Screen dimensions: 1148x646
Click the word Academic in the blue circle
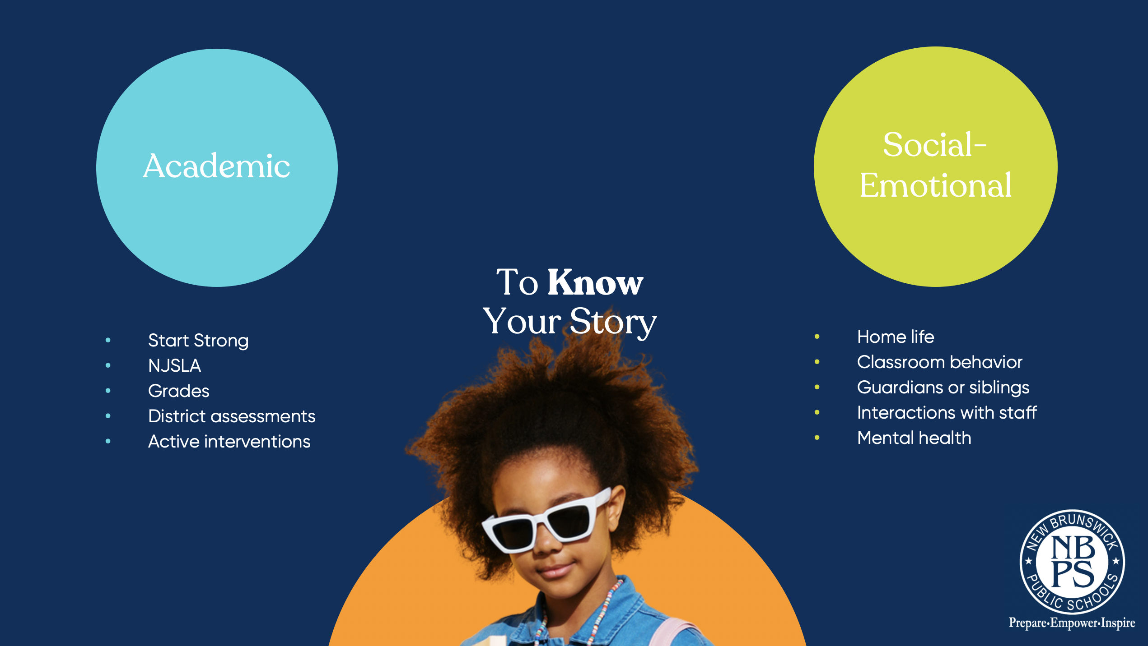tap(216, 166)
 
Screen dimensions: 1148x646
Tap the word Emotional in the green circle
tap(935, 185)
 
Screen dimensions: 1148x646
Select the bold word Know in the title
tap(595, 282)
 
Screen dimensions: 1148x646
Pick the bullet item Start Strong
tap(198, 341)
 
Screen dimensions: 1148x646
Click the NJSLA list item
tap(174, 365)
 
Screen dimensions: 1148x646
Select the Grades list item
tap(179, 391)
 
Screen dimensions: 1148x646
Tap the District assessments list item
tap(232, 416)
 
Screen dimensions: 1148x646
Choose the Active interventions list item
tap(229, 441)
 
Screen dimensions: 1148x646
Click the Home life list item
tap(896, 337)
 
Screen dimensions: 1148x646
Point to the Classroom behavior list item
tap(939, 362)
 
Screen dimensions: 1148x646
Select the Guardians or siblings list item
tap(943, 388)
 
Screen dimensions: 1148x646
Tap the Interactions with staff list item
tap(947, 412)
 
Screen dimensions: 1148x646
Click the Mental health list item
tap(914, 438)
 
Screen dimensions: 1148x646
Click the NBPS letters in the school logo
tap(1073, 562)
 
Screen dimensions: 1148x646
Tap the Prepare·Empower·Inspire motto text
tap(1072, 623)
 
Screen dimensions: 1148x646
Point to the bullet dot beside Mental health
tap(817, 438)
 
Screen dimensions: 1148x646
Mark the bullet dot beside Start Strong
tap(108, 340)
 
